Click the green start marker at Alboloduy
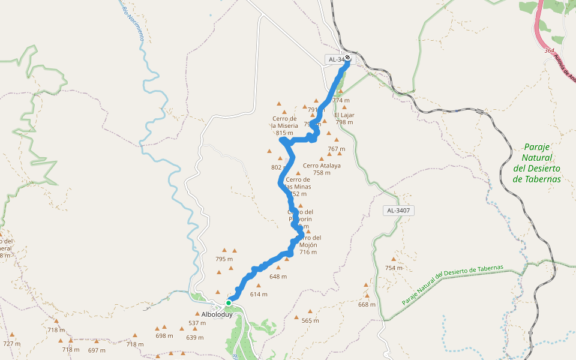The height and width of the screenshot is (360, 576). pos(229,303)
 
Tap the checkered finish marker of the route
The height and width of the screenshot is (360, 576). pos(347,58)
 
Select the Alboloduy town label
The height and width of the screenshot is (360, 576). pos(209,314)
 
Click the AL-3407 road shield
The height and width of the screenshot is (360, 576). pos(399,211)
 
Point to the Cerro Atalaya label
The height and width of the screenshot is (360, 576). pos(322,166)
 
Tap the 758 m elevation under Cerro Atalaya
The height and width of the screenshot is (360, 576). pos(322,173)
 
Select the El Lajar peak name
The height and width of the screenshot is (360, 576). pos(344,115)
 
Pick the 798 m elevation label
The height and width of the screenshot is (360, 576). pos(344,122)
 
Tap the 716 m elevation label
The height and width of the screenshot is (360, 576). pos(308,252)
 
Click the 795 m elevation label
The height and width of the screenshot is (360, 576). pos(224,259)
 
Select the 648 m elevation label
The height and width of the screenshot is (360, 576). pos(278,277)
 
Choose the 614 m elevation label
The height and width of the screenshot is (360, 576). pos(259,294)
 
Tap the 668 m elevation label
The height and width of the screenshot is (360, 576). pos(367,304)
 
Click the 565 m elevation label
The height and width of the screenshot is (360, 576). pos(310,321)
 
